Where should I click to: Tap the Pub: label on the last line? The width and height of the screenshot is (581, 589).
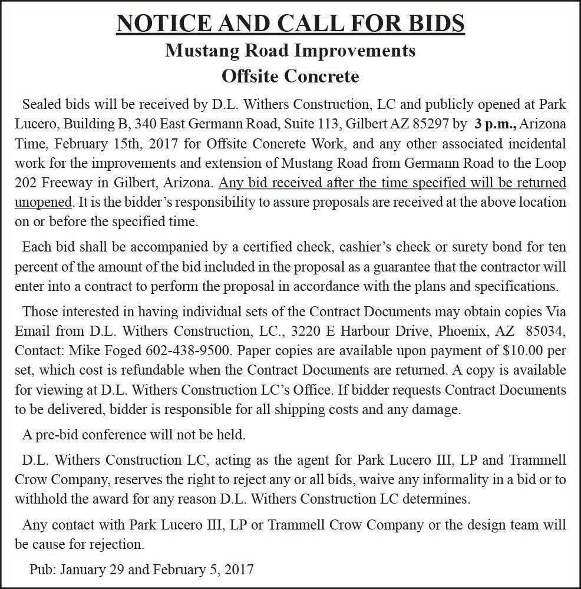[x=42, y=569]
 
